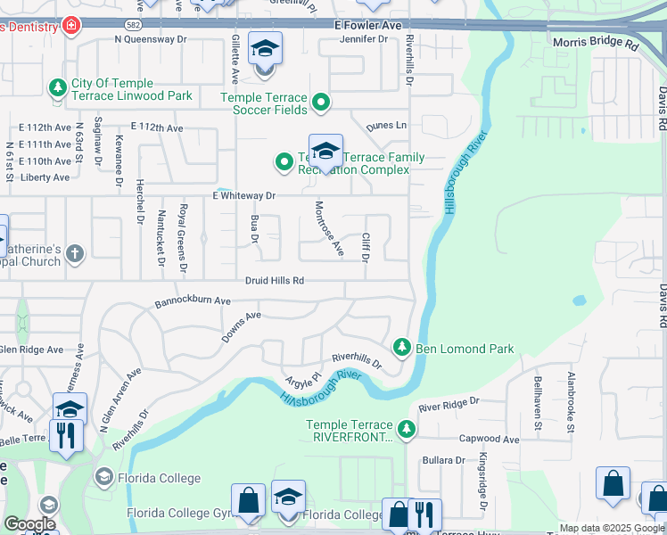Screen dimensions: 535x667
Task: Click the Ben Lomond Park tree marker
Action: pyautogui.click(x=402, y=347)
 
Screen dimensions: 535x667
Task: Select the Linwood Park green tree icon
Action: pyautogui.click(x=57, y=87)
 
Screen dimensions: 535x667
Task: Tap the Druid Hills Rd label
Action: pyautogui.click(x=276, y=280)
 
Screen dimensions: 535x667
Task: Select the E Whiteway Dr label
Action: pyautogui.click(x=243, y=195)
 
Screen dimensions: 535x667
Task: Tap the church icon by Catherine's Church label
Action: pyautogui.click(x=75, y=253)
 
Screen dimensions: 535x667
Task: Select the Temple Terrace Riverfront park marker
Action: pyautogui.click(x=407, y=430)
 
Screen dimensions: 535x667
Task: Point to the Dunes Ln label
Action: pyautogui.click(x=389, y=126)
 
